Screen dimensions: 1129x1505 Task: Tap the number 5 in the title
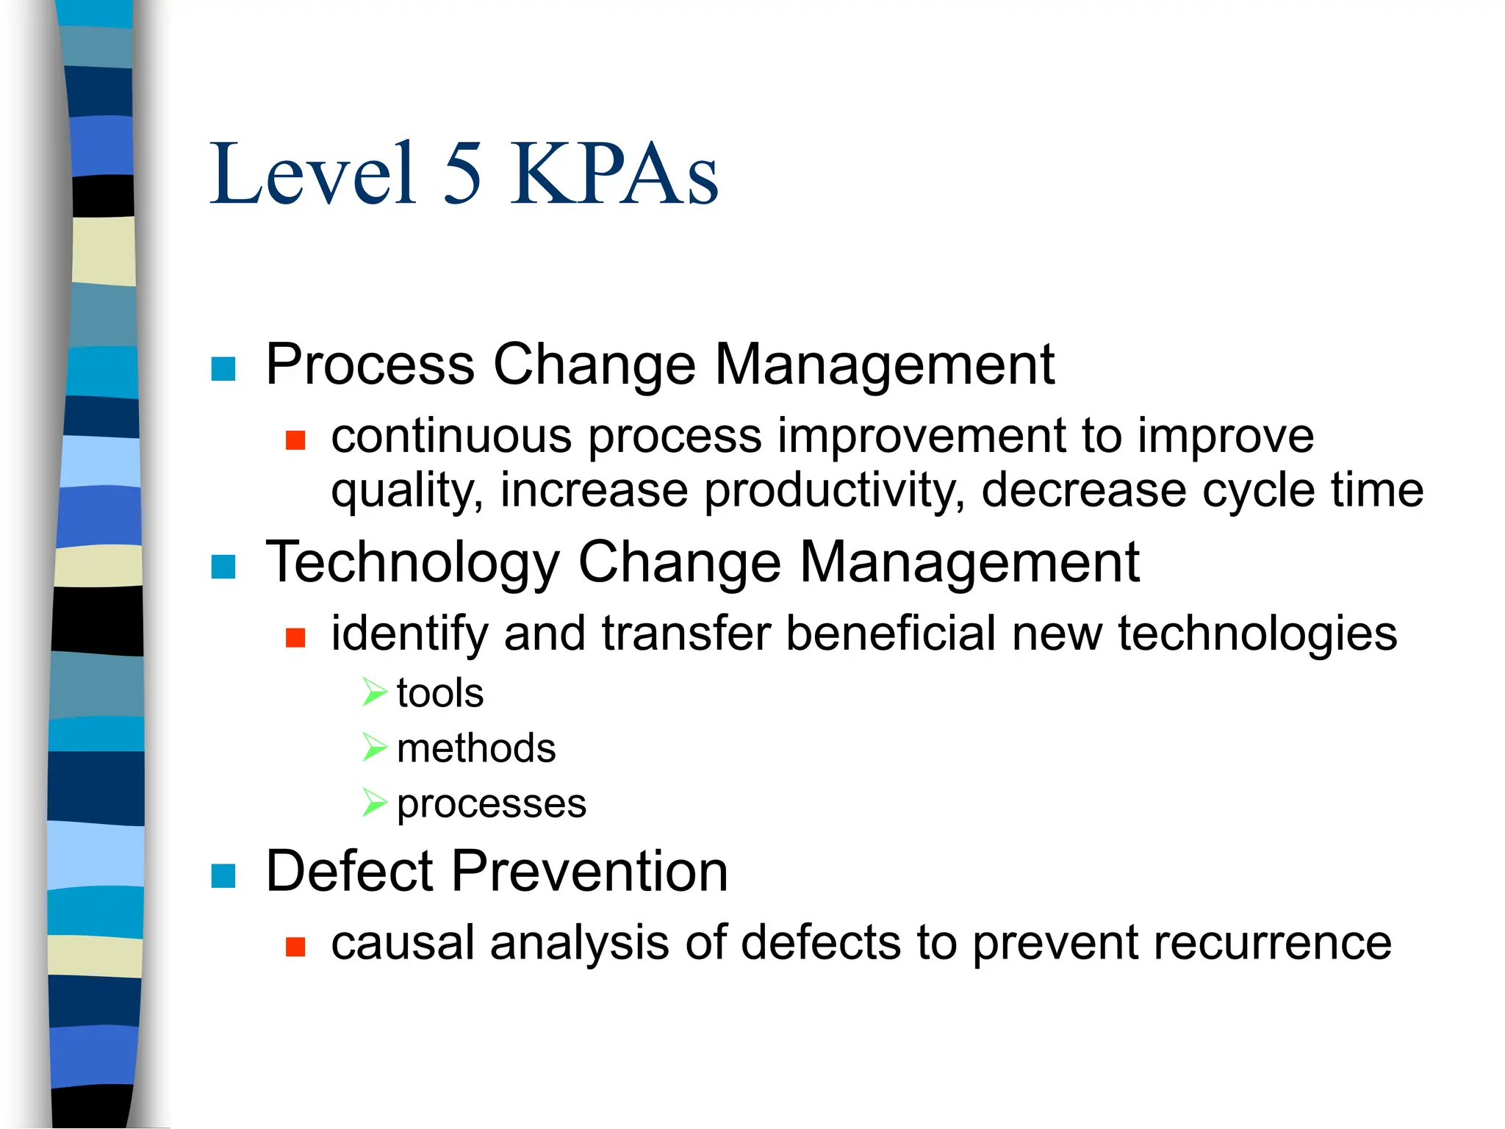(463, 175)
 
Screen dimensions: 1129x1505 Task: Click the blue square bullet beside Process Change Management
(223, 368)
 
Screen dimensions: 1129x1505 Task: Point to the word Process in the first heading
(370, 365)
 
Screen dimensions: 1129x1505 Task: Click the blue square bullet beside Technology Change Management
(223, 566)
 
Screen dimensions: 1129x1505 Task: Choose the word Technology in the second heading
(413, 563)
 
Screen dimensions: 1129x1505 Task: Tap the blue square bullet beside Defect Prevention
(223, 875)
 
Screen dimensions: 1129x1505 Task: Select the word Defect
(350, 872)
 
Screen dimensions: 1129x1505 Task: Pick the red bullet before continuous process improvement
(295, 440)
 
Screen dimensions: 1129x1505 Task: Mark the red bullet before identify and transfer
(295, 637)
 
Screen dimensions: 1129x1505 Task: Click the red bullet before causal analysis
(295, 947)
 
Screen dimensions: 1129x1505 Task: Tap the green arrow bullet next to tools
(374, 692)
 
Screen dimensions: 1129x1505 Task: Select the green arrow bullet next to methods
(374, 748)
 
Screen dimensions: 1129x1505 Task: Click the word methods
(476, 749)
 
